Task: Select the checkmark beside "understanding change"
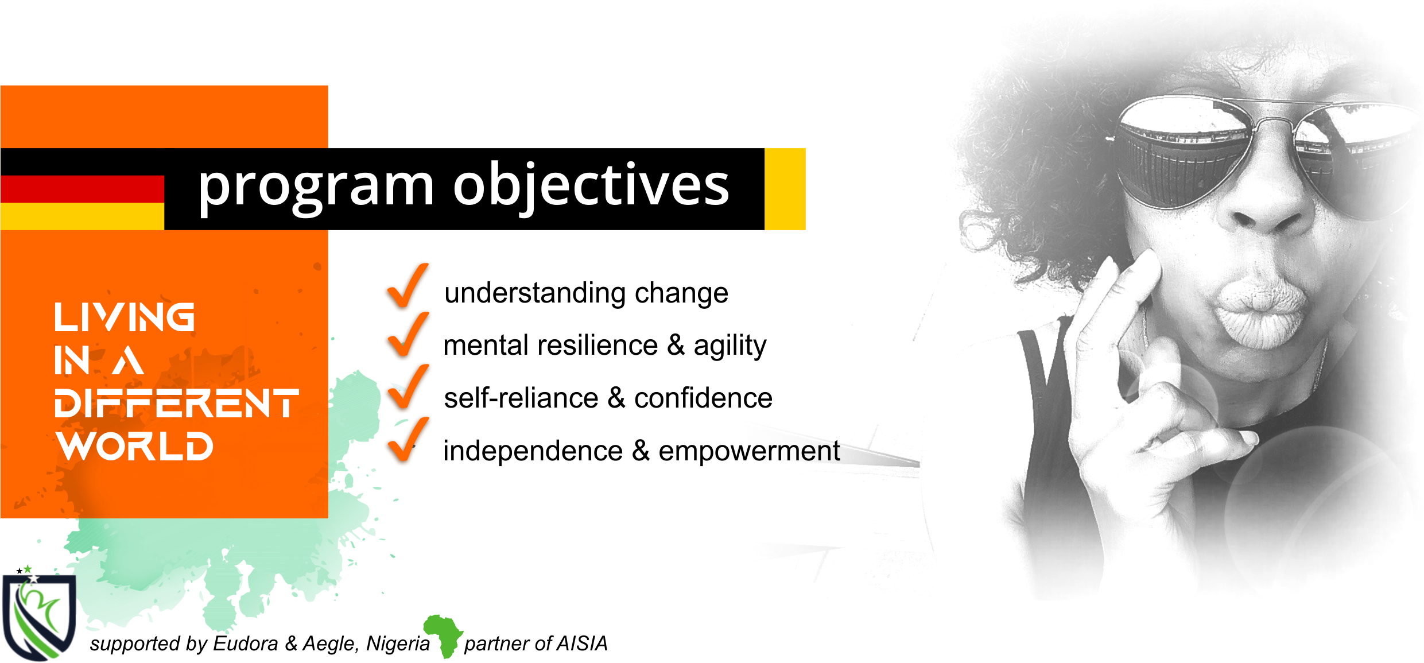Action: pos(408,285)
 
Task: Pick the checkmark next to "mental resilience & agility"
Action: pos(408,334)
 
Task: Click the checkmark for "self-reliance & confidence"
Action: pos(408,386)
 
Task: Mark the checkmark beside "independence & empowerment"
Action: pos(408,440)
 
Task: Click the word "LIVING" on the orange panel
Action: pos(125,317)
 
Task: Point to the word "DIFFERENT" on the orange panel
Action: pos(177,403)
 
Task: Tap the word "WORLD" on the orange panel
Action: pos(135,446)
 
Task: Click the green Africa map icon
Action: pos(443,635)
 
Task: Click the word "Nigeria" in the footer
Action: pos(398,643)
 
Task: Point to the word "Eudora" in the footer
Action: pos(246,643)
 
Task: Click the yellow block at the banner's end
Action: pos(785,189)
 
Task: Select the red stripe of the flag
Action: pos(82,189)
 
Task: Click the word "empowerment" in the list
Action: pos(749,451)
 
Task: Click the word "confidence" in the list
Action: pos(703,398)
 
